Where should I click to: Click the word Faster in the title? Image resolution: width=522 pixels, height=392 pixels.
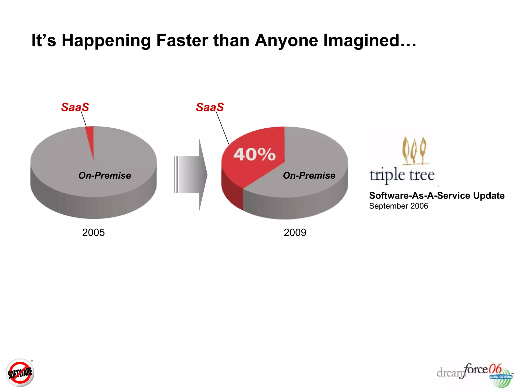182,40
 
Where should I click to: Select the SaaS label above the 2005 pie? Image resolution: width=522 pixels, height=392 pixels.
75,107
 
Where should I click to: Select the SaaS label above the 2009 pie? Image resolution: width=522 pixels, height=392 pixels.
210,107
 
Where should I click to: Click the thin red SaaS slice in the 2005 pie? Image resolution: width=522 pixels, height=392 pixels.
90,138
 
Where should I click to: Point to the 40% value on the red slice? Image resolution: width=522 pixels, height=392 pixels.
254,154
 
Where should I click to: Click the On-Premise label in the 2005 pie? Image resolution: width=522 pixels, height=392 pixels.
105,176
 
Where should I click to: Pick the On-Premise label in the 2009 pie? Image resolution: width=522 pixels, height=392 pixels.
309,176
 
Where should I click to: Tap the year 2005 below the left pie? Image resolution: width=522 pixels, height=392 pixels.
93,232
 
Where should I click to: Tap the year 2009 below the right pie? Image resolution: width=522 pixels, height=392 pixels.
295,232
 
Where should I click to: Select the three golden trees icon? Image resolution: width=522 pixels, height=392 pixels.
414,151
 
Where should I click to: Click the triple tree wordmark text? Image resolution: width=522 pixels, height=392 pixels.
402,175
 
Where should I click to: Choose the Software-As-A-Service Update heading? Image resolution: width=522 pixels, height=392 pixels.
437,195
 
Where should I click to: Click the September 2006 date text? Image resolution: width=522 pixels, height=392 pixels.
398,206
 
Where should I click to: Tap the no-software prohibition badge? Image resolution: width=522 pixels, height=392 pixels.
20,373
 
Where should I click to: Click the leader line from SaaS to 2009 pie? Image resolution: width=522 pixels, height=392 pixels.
222,128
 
